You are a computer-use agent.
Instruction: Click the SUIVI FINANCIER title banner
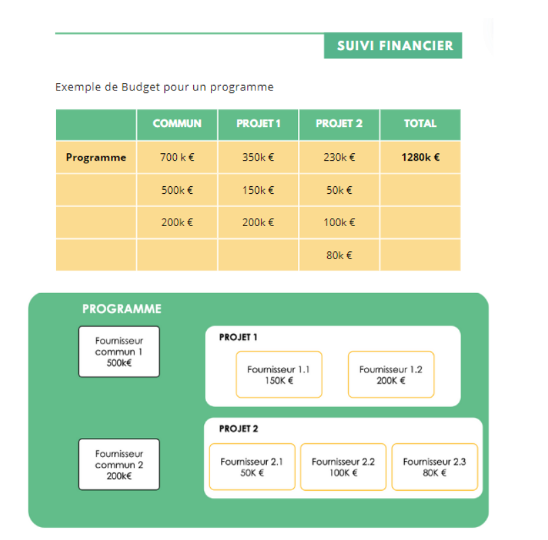[393, 45]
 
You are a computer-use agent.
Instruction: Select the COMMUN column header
[177, 124]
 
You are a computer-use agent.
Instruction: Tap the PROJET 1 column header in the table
[258, 124]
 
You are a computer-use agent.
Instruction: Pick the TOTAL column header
[420, 124]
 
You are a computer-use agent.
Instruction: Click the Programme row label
[96, 157]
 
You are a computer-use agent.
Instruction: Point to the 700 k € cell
[177, 157]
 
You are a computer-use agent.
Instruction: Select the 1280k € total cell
[420, 157]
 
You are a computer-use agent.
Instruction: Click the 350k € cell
[258, 157]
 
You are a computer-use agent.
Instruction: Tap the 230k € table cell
[339, 157]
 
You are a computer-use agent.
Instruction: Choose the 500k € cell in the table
[177, 190]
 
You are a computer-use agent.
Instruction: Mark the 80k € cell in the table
[339, 255]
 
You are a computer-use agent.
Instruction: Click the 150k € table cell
[258, 190]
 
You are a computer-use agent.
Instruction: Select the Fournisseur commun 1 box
[119, 352]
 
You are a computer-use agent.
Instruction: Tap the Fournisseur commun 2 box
[119, 464]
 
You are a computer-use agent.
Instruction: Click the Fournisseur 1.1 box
[279, 375]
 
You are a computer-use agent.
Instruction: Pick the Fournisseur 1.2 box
[391, 375]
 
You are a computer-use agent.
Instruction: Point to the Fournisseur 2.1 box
[252, 466]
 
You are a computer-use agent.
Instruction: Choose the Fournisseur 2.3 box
[434, 466]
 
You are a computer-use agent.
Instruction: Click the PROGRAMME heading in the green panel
[122, 309]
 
